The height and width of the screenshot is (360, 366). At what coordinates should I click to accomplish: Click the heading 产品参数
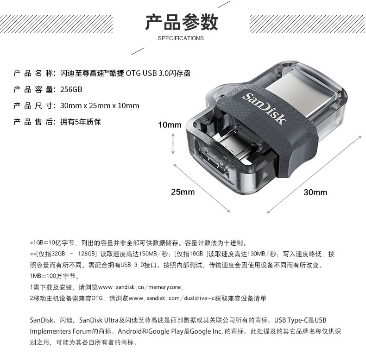[182, 22]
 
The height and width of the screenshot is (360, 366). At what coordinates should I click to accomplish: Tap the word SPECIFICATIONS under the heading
[181, 38]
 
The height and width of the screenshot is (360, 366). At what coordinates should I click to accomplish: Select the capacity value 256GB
[71, 89]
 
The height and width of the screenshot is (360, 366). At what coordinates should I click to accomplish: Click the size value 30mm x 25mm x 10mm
[100, 106]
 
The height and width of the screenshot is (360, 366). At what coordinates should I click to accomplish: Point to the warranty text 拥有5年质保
[81, 122]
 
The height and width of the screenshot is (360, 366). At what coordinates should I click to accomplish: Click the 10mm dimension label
[170, 125]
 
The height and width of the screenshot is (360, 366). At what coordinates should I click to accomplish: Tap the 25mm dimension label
[183, 192]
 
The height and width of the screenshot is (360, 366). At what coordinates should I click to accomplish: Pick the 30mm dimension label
[316, 192]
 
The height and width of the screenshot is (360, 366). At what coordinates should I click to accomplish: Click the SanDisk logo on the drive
[265, 109]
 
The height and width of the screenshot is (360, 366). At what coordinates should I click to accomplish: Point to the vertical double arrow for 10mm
[173, 143]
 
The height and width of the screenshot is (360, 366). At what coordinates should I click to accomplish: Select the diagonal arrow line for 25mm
[202, 188]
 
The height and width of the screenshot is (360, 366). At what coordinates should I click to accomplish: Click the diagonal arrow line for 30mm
[314, 174]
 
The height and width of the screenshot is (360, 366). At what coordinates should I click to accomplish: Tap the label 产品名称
[33, 73]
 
